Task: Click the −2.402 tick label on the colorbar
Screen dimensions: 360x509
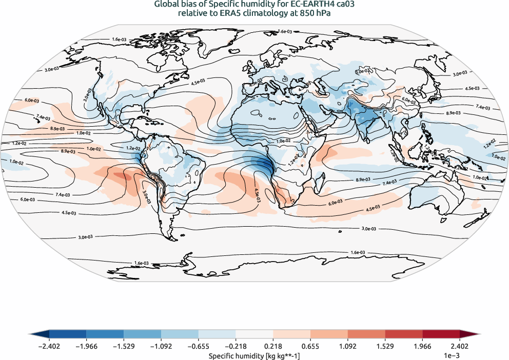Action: [49, 346]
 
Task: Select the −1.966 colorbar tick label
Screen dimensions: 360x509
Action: [86, 346]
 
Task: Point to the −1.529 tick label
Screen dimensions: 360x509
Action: [124, 346]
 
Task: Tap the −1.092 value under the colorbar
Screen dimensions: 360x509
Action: [161, 346]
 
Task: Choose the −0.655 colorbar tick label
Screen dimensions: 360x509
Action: [198, 346]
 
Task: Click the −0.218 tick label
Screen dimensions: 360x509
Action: [236, 346]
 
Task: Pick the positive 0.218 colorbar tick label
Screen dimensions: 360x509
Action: [273, 346]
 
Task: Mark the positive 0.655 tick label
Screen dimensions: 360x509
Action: [310, 346]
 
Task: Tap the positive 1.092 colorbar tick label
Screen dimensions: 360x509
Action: [348, 346]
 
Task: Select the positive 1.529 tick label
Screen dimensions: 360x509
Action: [385, 346]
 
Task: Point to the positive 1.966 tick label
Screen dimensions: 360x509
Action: [422, 346]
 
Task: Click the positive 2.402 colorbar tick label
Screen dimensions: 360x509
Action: [460, 346]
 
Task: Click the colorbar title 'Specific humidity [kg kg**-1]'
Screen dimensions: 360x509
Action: [254, 355]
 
